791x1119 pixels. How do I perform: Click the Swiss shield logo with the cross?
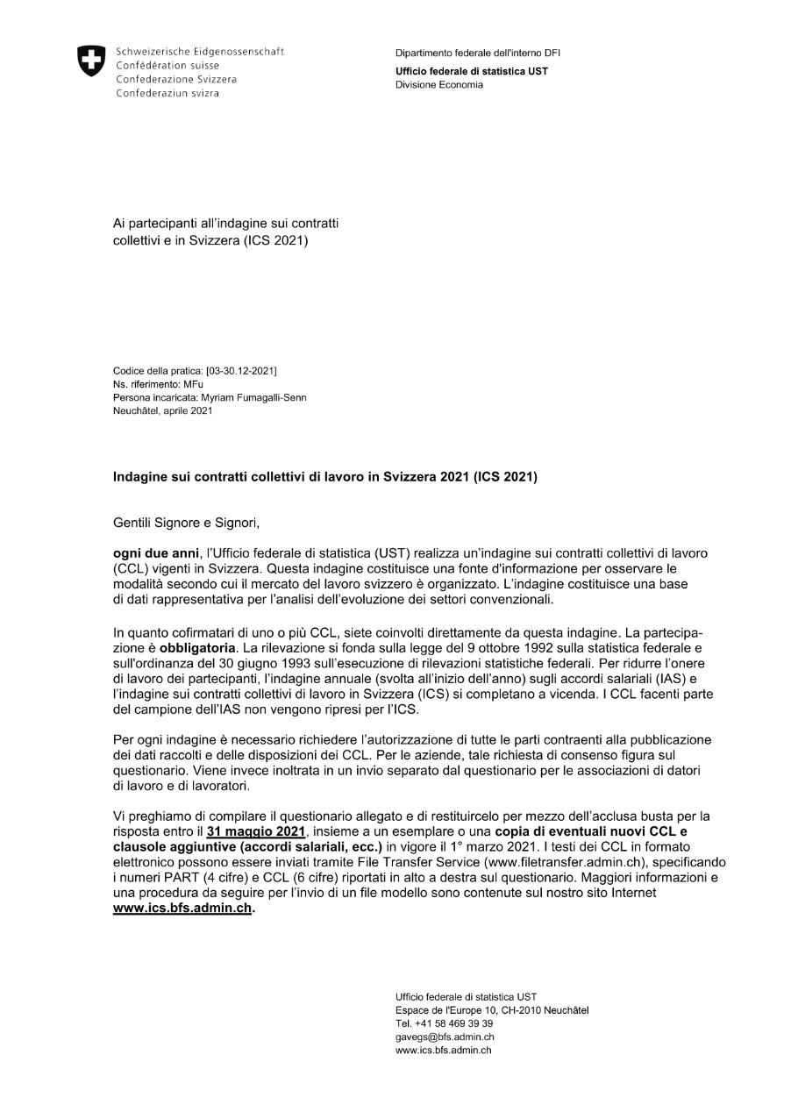pyautogui.click(x=90, y=60)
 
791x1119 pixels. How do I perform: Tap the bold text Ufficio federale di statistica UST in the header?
pyautogui.click(x=472, y=72)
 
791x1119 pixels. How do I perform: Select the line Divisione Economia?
pyautogui.click(x=438, y=85)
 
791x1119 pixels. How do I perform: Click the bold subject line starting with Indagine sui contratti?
pyautogui.click(x=325, y=478)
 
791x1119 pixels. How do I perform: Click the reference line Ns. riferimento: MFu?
pyautogui.click(x=157, y=384)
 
